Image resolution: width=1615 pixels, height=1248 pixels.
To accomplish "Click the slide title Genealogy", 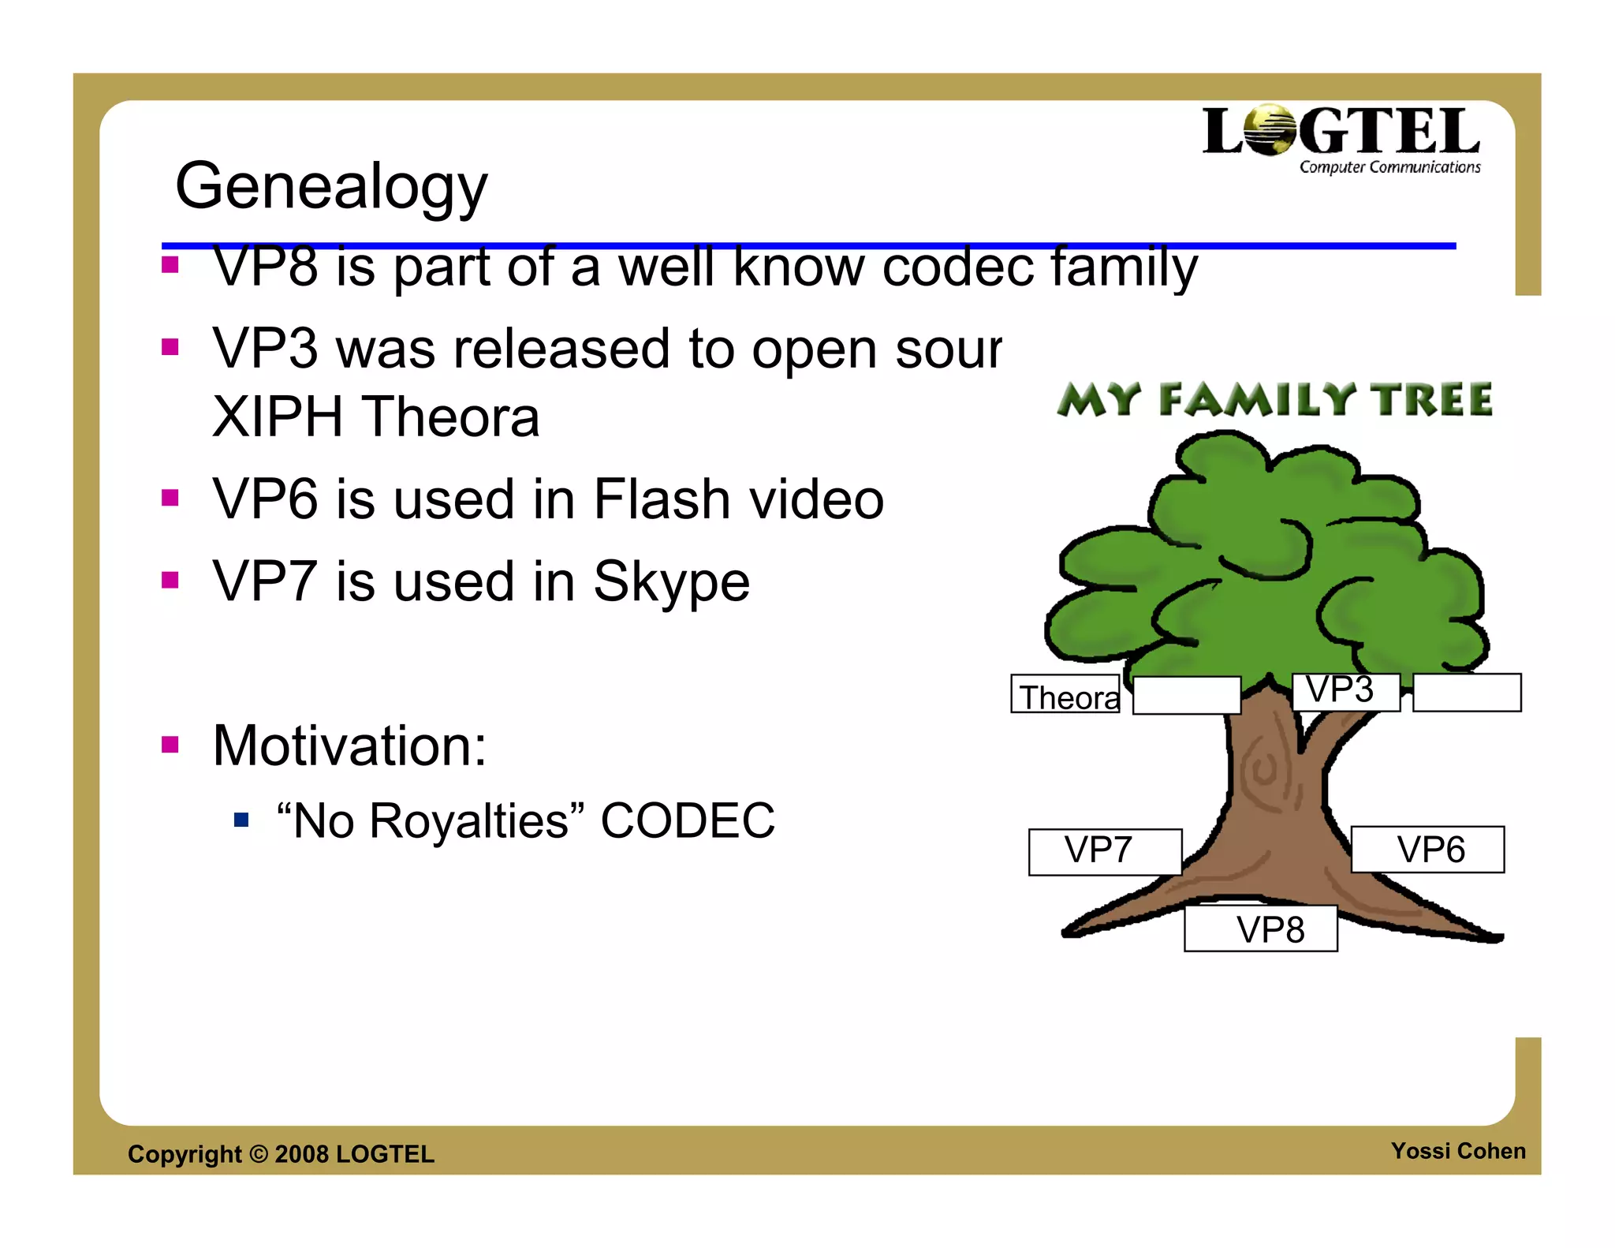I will pyautogui.click(x=331, y=186).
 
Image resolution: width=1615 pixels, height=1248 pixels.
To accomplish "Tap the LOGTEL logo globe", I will pyautogui.click(x=1270, y=130).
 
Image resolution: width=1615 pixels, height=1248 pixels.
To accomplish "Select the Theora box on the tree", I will pyautogui.click(x=1065, y=695).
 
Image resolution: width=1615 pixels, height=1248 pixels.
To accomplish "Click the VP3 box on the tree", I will pyautogui.click(x=1345, y=691).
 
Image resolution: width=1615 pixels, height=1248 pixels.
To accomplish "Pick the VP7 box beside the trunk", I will pyautogui.click(x=1104, y=851).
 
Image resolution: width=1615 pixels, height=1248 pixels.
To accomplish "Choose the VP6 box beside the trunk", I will pyautogui.click(x=1428, y=850).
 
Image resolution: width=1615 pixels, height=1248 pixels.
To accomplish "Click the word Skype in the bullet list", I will pyautogui.click(x=671, y=582).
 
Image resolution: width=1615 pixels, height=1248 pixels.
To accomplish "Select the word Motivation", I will pyautogui.click(x=349, y=745).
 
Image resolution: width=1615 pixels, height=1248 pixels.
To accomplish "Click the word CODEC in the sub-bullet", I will pyautogui.click(x=688, y=821).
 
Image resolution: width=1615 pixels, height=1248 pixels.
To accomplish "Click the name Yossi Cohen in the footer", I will pyautogui.click(x=1457, y=1151).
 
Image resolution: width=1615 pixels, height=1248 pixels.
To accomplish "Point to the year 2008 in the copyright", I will pyautogui.click(x=301, y=1154).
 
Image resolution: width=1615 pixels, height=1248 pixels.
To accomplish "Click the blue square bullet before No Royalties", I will pyautogui.click(x=241, y=820).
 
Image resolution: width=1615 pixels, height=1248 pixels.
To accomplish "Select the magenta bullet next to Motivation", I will pyautogui.click(x=170, y=745).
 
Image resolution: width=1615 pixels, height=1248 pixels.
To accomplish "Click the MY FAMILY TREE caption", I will pyautogui.click(x=1274, y=399).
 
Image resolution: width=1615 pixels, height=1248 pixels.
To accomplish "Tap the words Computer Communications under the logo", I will pyautogui.click(x=1389, y=167).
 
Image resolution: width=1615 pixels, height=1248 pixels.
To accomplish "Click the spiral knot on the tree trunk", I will pyautogui.click(x=1265, y=769).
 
